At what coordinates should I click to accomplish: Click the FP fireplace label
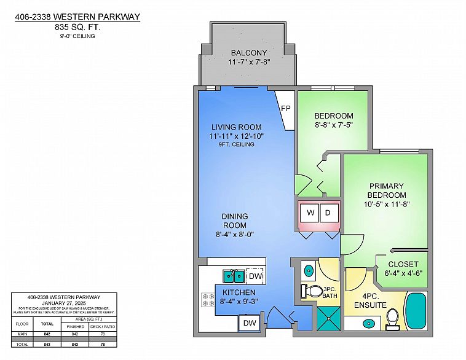(x=286, y=109)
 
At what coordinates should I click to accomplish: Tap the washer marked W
(x=310, y=213)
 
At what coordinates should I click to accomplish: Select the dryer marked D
(x=329, y=213)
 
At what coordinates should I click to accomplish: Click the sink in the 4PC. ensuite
(x=368, y=323)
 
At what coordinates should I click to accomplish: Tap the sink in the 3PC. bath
(x=307, y=270)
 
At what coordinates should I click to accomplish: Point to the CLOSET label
(x=402, y=264)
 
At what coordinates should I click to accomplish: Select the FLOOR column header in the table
(x=22, y=322)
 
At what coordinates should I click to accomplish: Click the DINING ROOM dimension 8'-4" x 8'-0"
(x=234, y=233)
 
